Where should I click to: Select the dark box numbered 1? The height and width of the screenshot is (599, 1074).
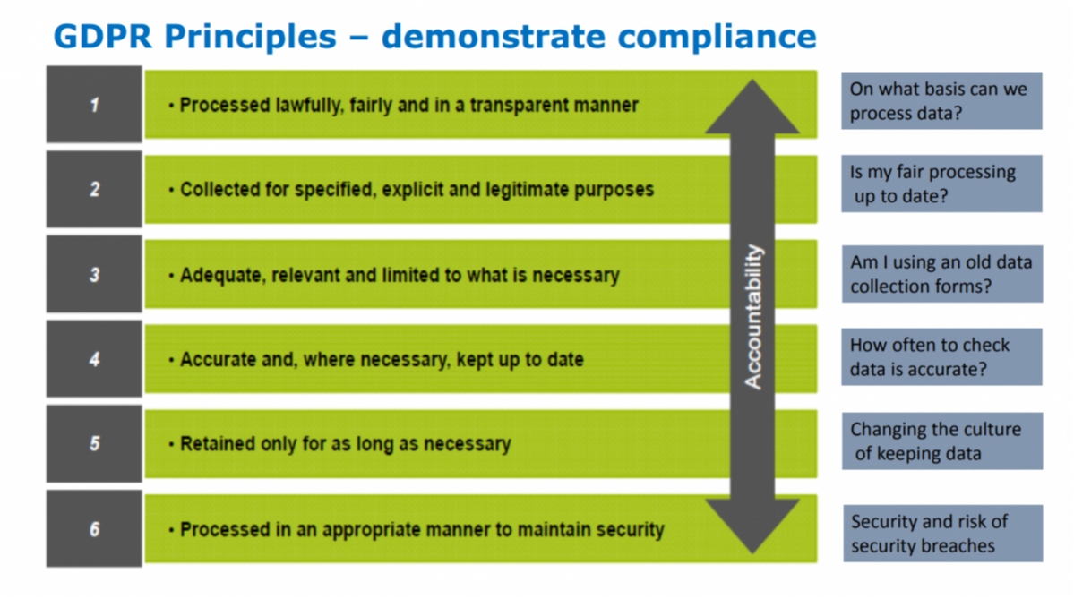click(x=94, y=105)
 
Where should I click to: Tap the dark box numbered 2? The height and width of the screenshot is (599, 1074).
click(x=94, y=189)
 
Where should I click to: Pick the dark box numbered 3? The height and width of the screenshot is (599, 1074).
click(x=94, y=274)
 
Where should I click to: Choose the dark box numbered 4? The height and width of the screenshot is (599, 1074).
click(x=94, y=359)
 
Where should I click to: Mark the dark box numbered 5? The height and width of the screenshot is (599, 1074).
click(x=94, y=443)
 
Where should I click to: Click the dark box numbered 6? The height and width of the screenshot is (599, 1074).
click(x=94, y=528)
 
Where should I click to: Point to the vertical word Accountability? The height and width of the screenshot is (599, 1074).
click(x=754, y=316)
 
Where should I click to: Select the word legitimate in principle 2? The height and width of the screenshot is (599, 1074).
click(x=538, y=190)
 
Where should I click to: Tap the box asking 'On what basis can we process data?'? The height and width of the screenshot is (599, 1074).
click(x=941, y=101)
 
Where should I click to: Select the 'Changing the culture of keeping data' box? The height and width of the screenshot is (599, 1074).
click(x=941, y=441)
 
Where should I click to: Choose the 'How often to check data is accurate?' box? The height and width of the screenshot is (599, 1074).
click(x=941, y=356)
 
